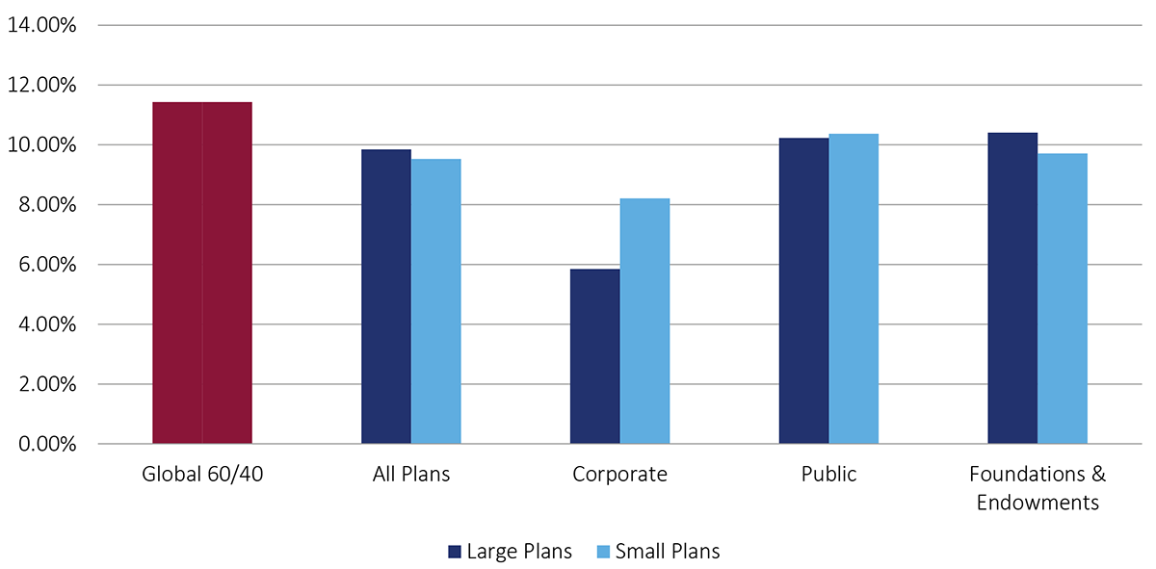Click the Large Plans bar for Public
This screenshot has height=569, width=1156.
point(803,291)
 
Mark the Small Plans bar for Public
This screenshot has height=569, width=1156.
point(854,289)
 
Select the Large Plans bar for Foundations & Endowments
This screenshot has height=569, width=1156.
point(1012,288)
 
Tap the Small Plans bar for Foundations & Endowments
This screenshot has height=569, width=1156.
point(1063,298)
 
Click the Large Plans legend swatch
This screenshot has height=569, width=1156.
point(455,552)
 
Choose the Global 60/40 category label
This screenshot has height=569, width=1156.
point(202,475)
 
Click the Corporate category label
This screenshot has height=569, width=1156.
point(619,475)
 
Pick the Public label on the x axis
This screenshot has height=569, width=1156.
point(828,475)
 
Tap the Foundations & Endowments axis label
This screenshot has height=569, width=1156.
point(1038,488)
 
